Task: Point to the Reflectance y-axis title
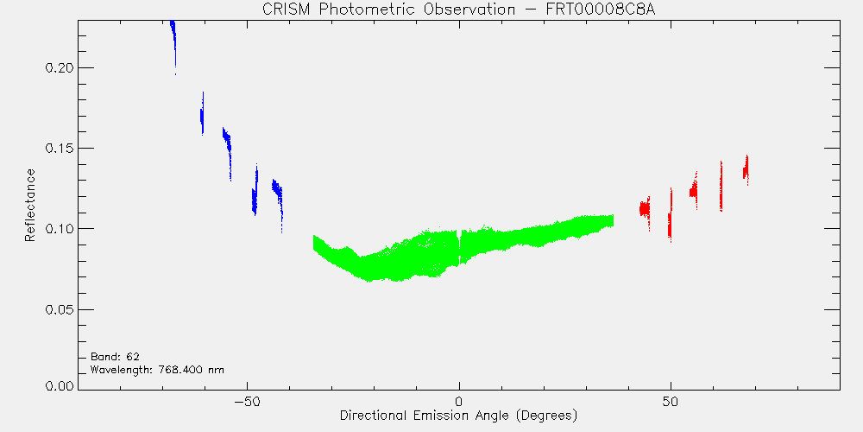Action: click(x=29, y=205)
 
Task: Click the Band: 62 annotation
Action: click(x=115, y=357)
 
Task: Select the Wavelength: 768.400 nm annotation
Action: click(x=157, y=370)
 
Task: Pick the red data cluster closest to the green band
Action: click(x=645, y=209)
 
